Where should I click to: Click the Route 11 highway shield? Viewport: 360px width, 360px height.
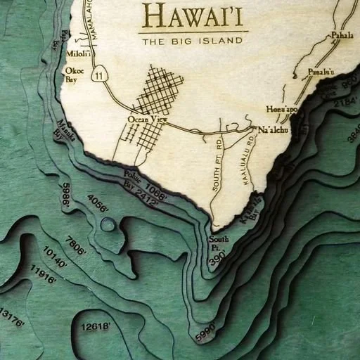(x=103, y=75)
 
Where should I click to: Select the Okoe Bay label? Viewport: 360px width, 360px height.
(x=74, y=75)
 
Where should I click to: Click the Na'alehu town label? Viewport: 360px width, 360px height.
(x=274, y=131)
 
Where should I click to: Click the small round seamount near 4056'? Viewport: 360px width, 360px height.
(x=108, y=225)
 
